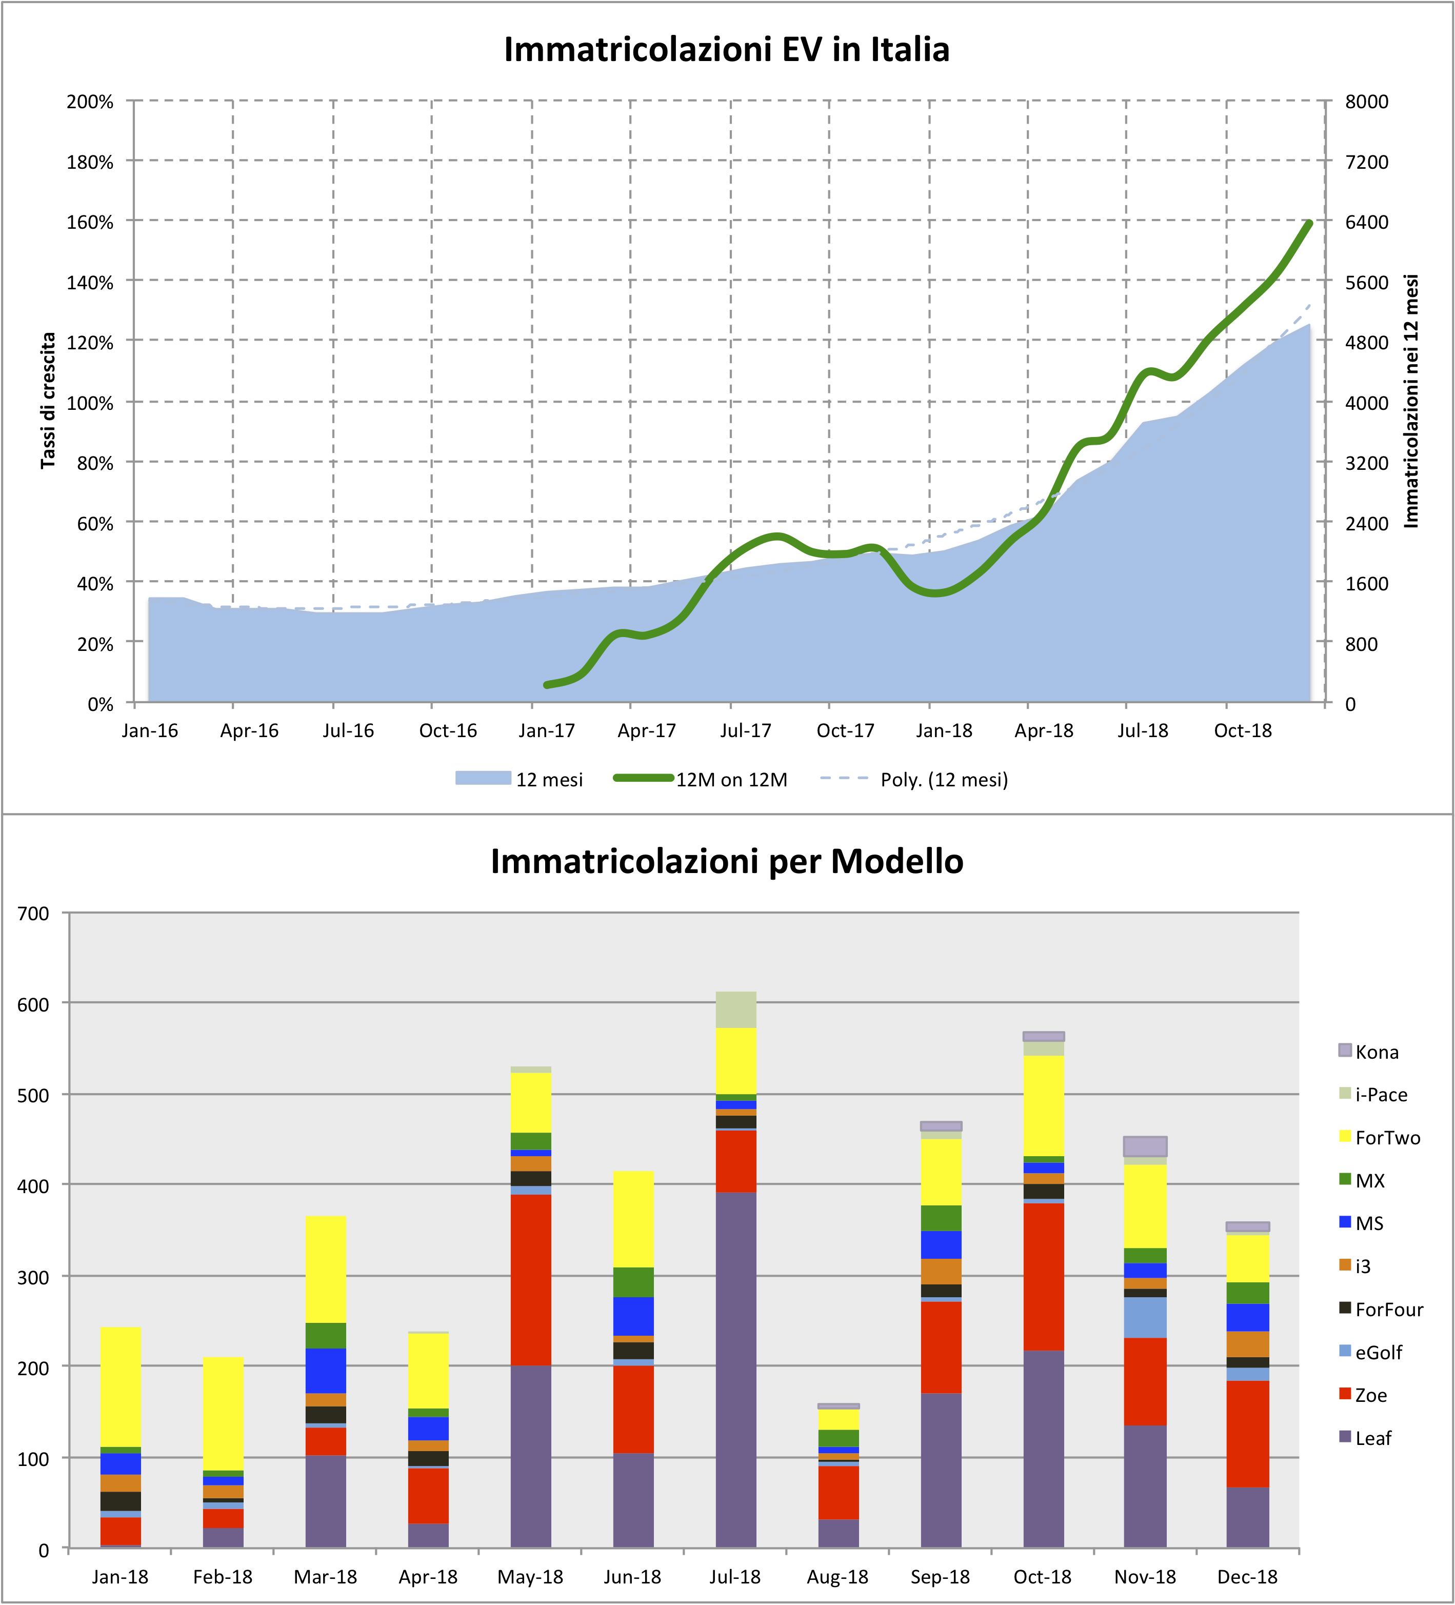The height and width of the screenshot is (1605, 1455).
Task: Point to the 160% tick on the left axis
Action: pos(90,222)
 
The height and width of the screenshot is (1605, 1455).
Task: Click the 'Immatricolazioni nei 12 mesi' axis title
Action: pos(1411,401)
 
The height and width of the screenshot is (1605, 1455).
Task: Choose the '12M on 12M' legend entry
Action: pos(731,779)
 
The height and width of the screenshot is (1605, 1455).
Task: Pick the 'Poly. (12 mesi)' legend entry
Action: pos(943,779)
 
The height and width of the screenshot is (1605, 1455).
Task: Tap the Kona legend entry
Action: pos(1376,1052)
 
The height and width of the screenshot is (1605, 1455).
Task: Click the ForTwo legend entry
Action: pos(1387,1138)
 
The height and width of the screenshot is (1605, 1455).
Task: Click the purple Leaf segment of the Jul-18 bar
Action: pos(735,1370)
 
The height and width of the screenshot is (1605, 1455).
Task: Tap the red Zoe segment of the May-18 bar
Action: pos(530,1280)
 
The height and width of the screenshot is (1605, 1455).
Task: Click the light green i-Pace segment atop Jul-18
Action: pos(735,1009)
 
